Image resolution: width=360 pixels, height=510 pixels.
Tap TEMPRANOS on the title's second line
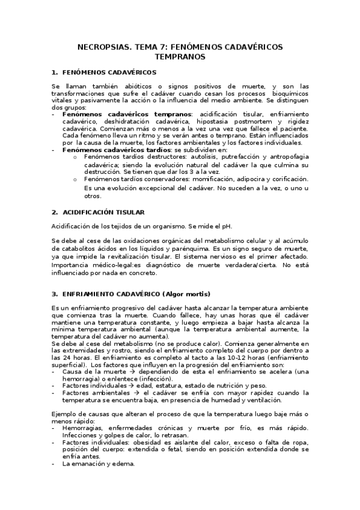[180, 57]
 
